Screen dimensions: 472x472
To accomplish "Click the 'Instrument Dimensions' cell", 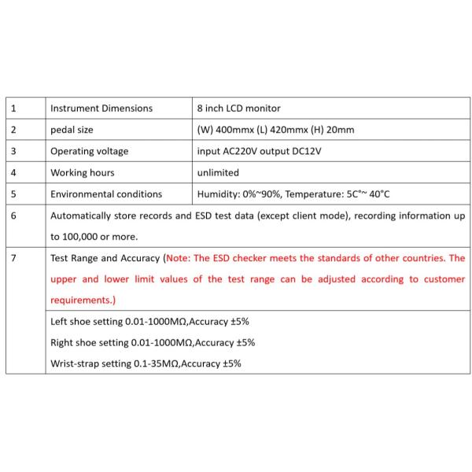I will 101,108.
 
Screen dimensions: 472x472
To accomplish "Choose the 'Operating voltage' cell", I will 89,151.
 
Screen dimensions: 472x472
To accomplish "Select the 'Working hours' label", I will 82,172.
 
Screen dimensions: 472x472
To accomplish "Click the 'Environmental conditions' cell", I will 106,194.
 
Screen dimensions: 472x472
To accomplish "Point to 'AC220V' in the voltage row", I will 243,151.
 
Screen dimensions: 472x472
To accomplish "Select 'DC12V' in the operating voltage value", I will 304,151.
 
